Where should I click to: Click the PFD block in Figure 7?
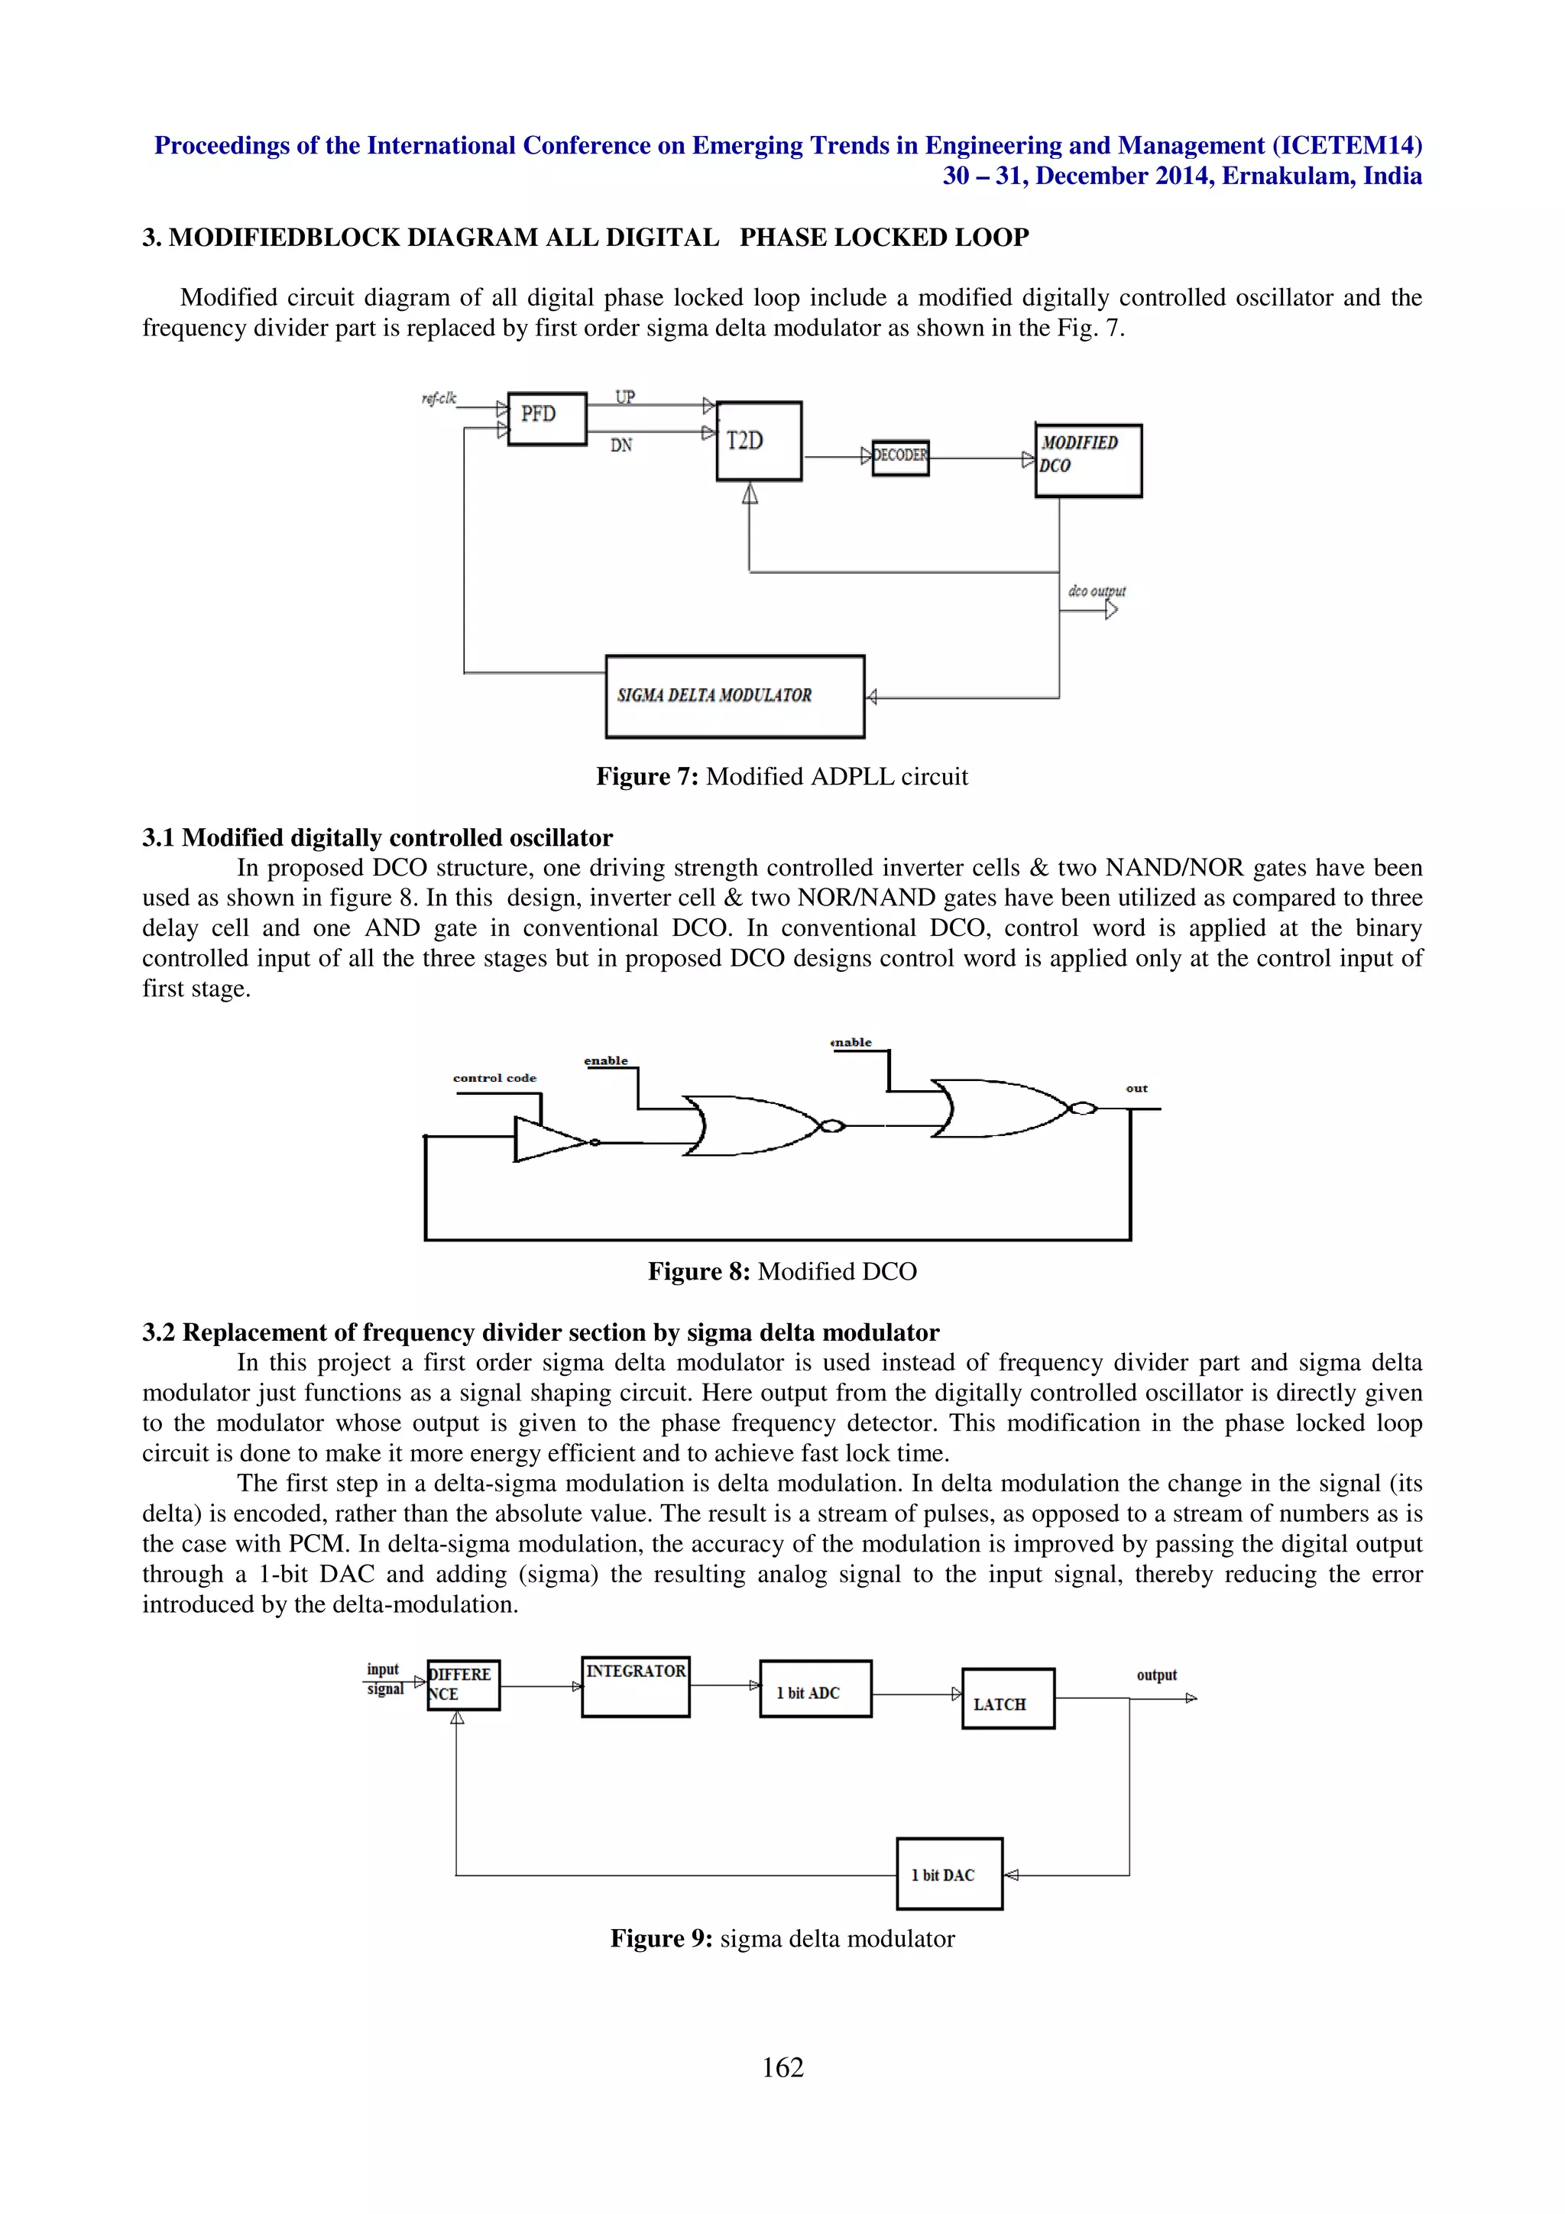tap(546, 419)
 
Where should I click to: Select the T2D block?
tap(758, 441)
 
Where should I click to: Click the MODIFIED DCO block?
tap(1087, 460)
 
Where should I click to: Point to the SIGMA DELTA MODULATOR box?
tap(735, 696)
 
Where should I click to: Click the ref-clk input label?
tap(439, 398)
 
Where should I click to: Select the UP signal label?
tap(625, 397)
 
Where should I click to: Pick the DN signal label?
tap(621, 445)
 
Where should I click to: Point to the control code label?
tap(494, 1078)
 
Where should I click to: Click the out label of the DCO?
tap(1137, 1089)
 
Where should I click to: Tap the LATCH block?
tap(1008, 1698)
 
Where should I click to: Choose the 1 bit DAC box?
tap(949, 1873)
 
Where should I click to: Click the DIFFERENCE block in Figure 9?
tap(463, 1685)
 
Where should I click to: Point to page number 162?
tap(782, 2067)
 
